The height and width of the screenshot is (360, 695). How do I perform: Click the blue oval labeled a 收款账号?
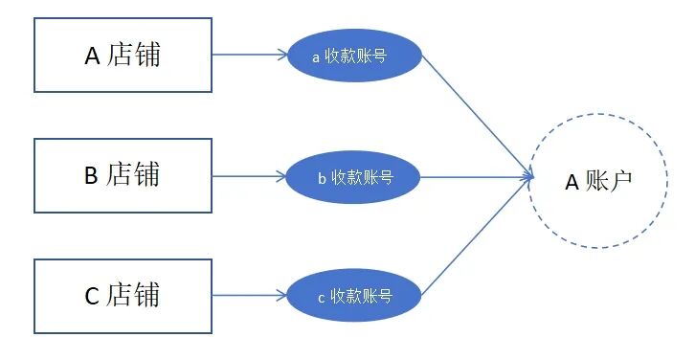coord(354,56)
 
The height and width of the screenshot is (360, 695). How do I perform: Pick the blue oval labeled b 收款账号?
coord(353,177)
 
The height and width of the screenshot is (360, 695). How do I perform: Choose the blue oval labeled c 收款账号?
coord(354,296)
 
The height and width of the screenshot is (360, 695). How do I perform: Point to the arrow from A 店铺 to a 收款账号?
coord(250,55)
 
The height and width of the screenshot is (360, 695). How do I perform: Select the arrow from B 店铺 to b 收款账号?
coord(250,176)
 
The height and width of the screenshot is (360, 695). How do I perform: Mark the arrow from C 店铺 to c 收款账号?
coord(250,295)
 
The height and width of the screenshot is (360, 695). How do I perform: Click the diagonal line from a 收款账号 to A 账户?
coord(478,116)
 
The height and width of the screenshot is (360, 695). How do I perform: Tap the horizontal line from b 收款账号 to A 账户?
coord(477,177)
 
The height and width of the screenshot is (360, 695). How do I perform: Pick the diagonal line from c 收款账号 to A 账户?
coord(478,236)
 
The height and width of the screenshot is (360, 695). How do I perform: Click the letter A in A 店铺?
coord(92,56)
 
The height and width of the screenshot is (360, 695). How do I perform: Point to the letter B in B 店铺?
coord(91,175)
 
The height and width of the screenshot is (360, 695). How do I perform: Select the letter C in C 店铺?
coord(92,296)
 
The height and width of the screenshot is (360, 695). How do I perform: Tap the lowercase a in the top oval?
coord(316,57)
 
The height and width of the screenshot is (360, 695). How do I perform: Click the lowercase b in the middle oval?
coord(323,178)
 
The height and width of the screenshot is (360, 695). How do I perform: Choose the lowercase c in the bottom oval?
coord(322,299)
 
